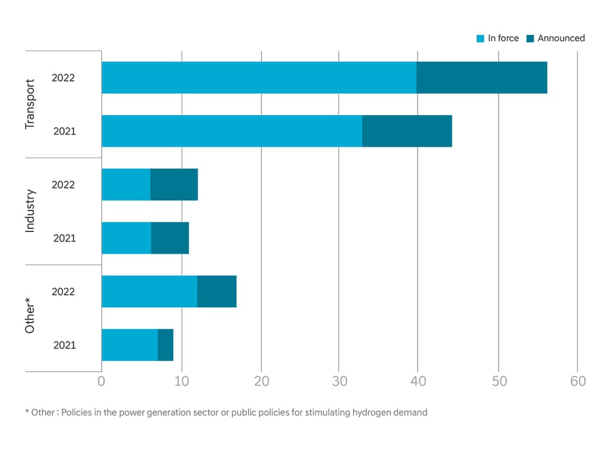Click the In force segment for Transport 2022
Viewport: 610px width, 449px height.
tap(259, 78)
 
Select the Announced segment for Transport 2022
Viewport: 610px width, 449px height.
tap(482, 78)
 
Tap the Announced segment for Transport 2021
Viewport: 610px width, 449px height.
tap(407, 131)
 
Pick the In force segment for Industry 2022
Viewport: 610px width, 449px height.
tap(126, 185)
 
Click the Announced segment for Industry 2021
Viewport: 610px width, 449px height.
tap(170, 238)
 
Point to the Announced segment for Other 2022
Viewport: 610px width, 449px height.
tap(216, 292)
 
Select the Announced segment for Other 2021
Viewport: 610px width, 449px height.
tap(165, 345)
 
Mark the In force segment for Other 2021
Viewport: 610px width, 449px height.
tap(130, 345)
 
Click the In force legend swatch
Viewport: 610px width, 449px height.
tap(480, 39)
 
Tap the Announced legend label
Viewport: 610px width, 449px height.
tap(561, 39)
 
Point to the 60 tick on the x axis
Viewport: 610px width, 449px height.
tap(578, 381)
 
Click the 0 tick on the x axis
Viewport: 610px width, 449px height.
tap(101, 381)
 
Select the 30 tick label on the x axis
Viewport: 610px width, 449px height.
tap(339, 381)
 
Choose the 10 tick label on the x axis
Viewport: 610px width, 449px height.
tap(182, 381)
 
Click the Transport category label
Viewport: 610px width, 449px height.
tap(30, 104)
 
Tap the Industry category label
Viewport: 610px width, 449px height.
tap(30, 211)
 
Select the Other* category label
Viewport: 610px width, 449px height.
tap(30, 318)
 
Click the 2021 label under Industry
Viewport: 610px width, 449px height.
tap(65, 238)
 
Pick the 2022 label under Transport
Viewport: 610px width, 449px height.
tap(63, 78)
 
